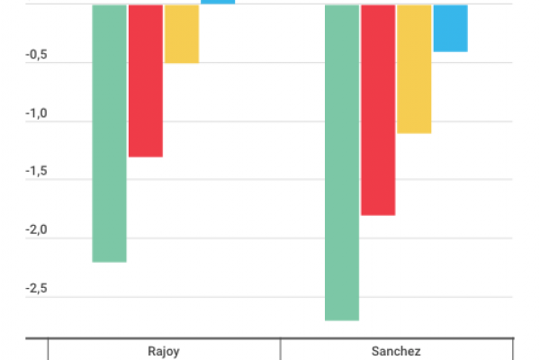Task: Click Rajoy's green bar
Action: click(109, 133)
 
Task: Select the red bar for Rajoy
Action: click(145, 81)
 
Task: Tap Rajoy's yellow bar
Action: click(181, 34)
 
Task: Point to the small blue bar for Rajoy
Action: click(217, 3)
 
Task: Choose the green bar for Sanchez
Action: click(341, 162)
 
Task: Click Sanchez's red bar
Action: click(377, 110)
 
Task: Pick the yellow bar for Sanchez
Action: click(413, 69)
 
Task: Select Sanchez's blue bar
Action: click(449, 28)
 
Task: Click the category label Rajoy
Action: click(163, 351)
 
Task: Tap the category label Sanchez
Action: click(396, 351)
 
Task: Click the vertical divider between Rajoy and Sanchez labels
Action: click(281, 349)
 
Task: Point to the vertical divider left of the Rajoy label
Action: click(48, 349)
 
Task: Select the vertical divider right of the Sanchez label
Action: click(513, 349)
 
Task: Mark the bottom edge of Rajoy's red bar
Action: click(145, 157)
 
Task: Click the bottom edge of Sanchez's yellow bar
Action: click(413, 133)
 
